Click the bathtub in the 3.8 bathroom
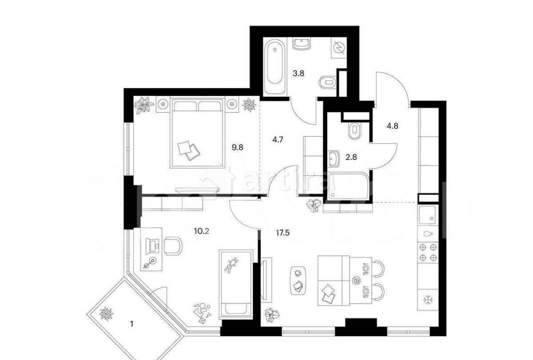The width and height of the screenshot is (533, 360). (x=275, y=63)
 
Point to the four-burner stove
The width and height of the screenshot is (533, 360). (x=429, y=252)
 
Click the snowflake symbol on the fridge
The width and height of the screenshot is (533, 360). (x=427, y=299)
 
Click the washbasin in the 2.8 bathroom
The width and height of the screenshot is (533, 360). (x=335, y=157)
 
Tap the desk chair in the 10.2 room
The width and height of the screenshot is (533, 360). (x=172, y=246)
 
